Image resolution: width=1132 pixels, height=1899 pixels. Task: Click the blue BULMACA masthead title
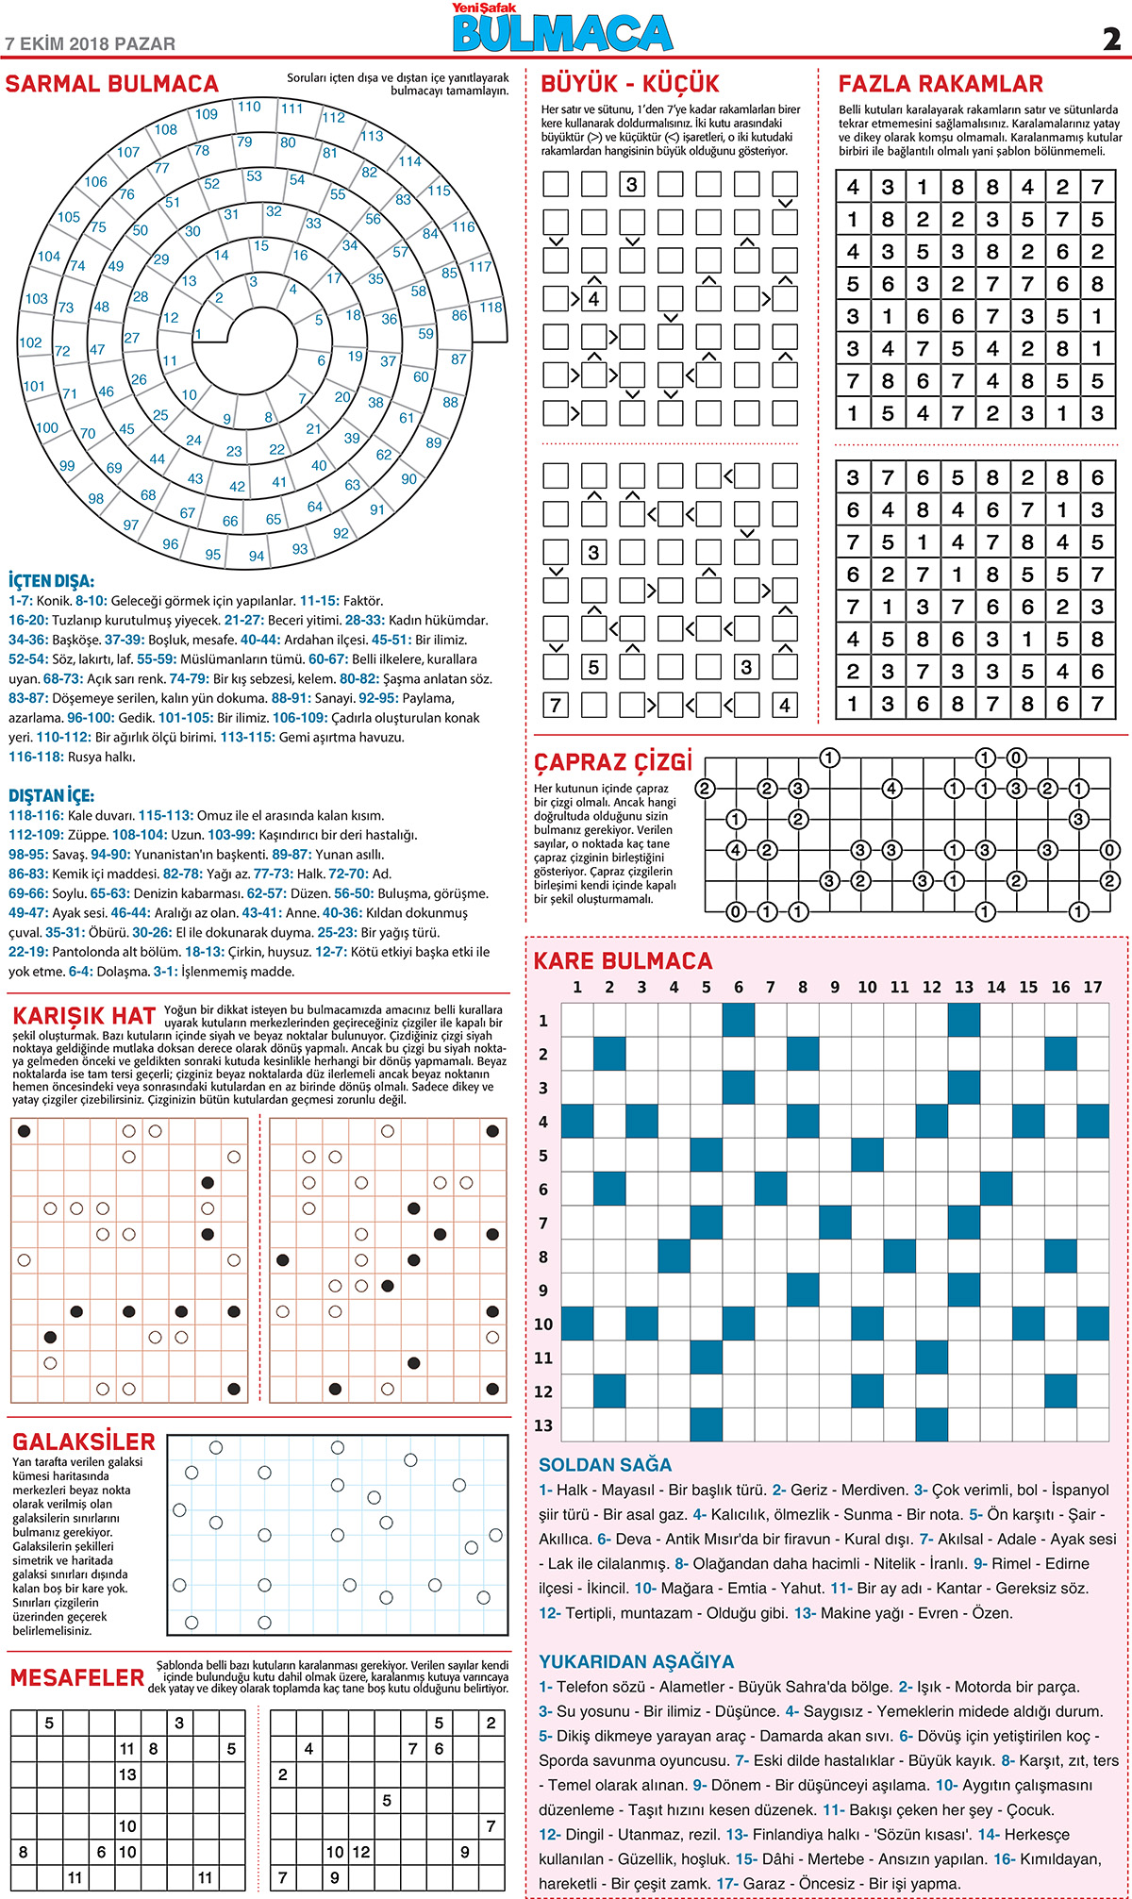click(x=563, y=34)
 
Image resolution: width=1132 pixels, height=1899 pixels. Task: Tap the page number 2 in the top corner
click(x=1111, y=39)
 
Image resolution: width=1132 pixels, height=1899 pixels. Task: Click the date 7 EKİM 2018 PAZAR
click(x=91, y=43)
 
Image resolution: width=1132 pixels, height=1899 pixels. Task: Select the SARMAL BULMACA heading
click(x=112, y=84)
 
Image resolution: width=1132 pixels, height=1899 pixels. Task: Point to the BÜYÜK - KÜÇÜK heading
click(x=629, y=84)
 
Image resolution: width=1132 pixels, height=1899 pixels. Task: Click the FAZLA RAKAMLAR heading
click(x=941, y=84)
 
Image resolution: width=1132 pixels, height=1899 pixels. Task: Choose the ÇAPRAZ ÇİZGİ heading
click(x=613, y=761)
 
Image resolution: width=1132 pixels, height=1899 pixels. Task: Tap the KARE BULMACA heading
click(x=624, y=961)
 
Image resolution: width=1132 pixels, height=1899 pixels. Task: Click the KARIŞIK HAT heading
click(x=84, y=1016)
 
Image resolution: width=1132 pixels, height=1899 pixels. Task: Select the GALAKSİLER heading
click(x=84, y=1441)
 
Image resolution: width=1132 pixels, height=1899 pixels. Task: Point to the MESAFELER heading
click(x=77, y=1678)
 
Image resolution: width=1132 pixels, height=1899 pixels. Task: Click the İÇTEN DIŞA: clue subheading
click(x=52, y=581)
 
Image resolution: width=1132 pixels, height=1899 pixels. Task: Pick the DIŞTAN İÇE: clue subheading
click(x=52, y=795)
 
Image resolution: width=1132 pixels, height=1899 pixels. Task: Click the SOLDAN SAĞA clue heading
click(x=606, y=1465)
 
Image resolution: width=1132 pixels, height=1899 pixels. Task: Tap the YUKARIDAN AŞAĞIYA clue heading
click(x=637, y=1661)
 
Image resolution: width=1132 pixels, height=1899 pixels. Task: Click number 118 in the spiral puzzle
click(x=491, y=308)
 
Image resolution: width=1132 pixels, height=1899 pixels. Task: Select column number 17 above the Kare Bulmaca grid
click(x=1092, y=987)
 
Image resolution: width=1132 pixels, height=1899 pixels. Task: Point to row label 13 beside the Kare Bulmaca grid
click(x=543, y=1425)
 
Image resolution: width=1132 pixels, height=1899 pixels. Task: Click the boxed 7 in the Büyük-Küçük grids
click(x=556, y=705)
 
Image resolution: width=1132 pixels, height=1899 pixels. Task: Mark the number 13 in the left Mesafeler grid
click(x=127, y=1774)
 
